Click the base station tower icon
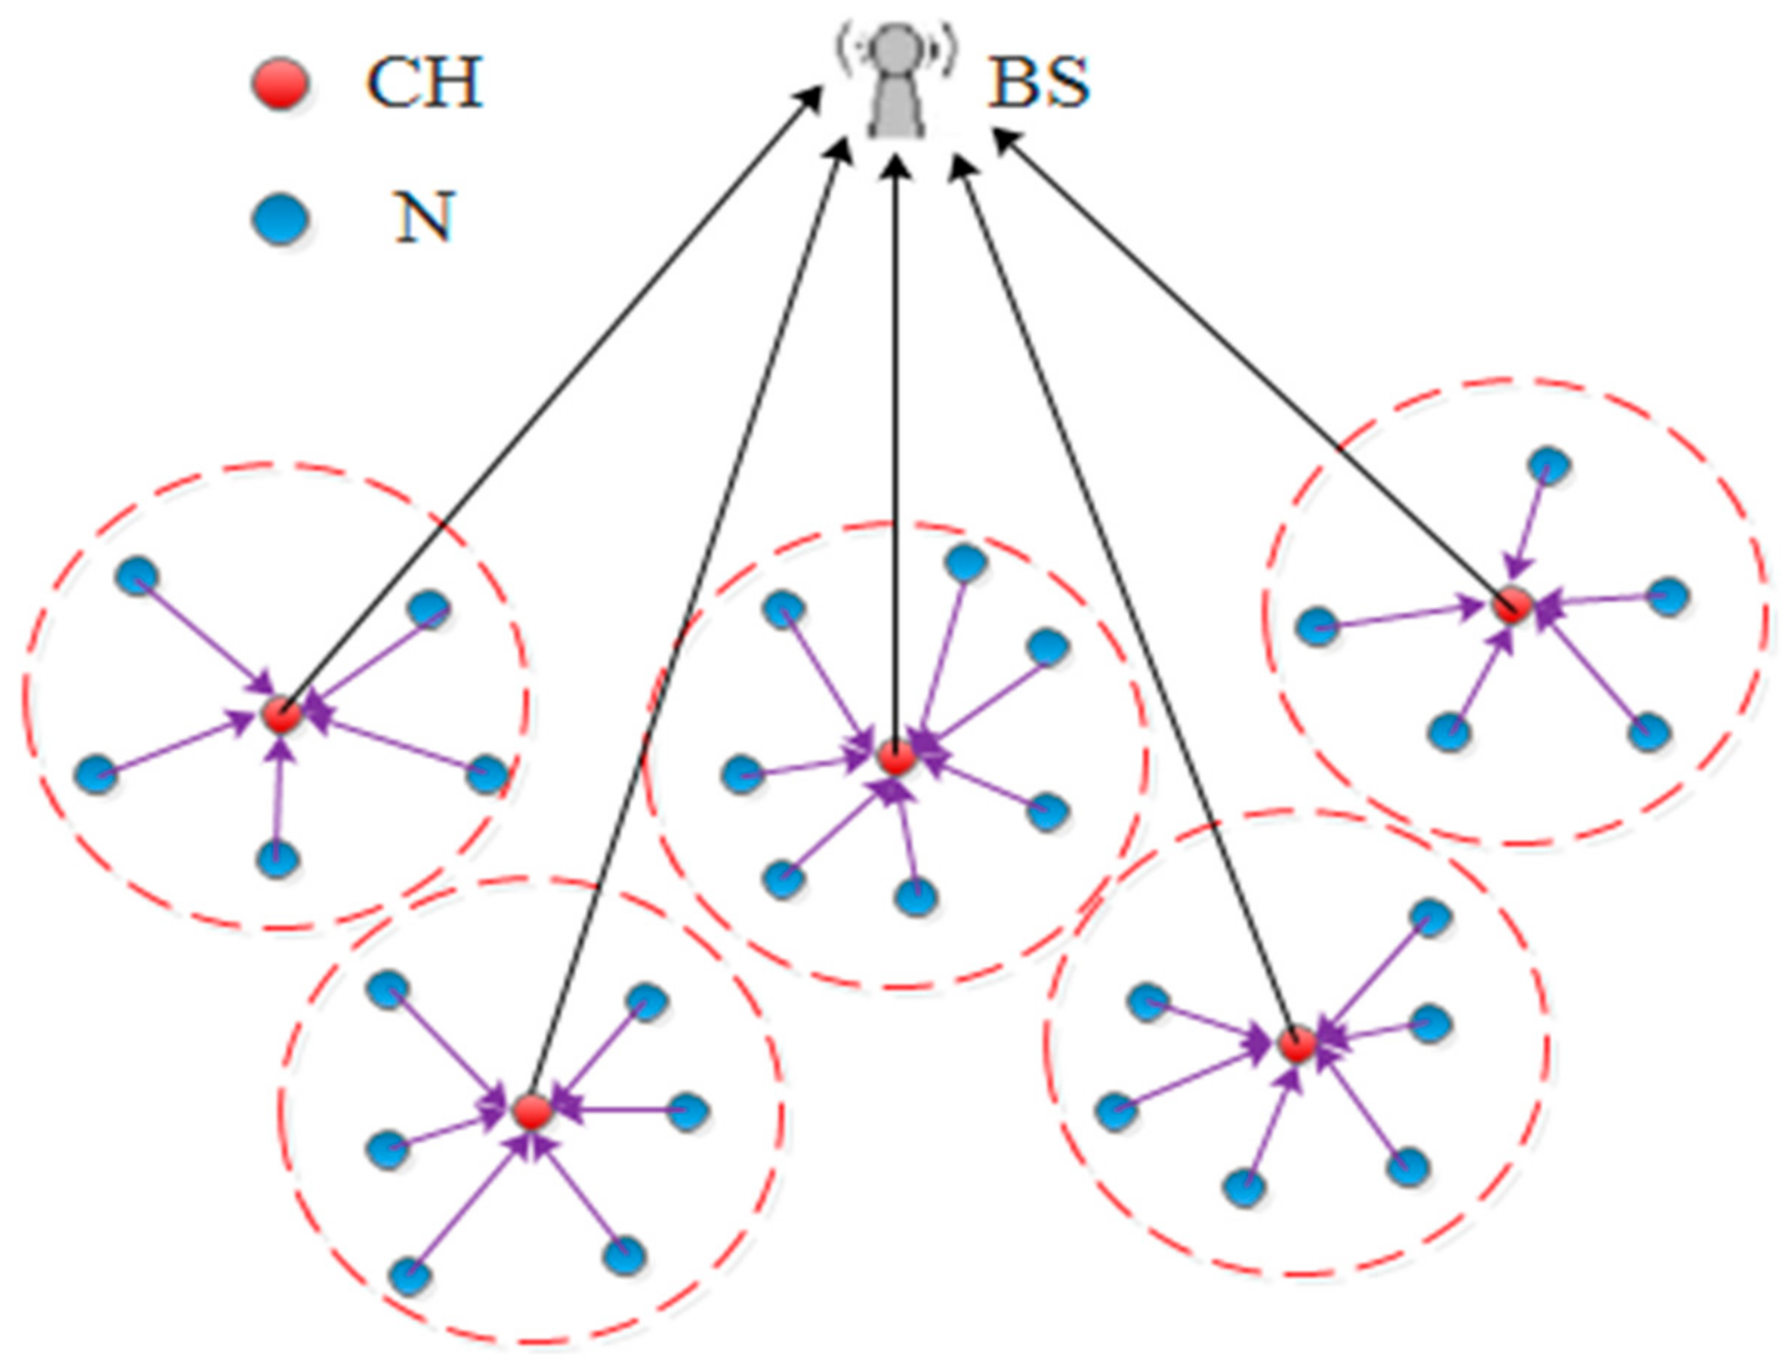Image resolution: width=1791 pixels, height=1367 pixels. [x=895, y=81]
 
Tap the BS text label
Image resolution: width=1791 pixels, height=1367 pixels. [x=1037, y=83]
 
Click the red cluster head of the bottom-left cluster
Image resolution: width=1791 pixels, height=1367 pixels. [x=531, y=1112]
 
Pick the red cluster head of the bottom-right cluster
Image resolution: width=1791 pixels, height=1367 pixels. [x=1296, y=1046]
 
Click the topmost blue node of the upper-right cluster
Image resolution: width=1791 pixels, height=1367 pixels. [x=1549, y=466]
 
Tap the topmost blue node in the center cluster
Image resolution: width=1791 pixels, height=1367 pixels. [x=966, y=563]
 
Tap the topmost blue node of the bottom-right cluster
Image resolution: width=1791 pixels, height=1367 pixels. [x=1429, y=917]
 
